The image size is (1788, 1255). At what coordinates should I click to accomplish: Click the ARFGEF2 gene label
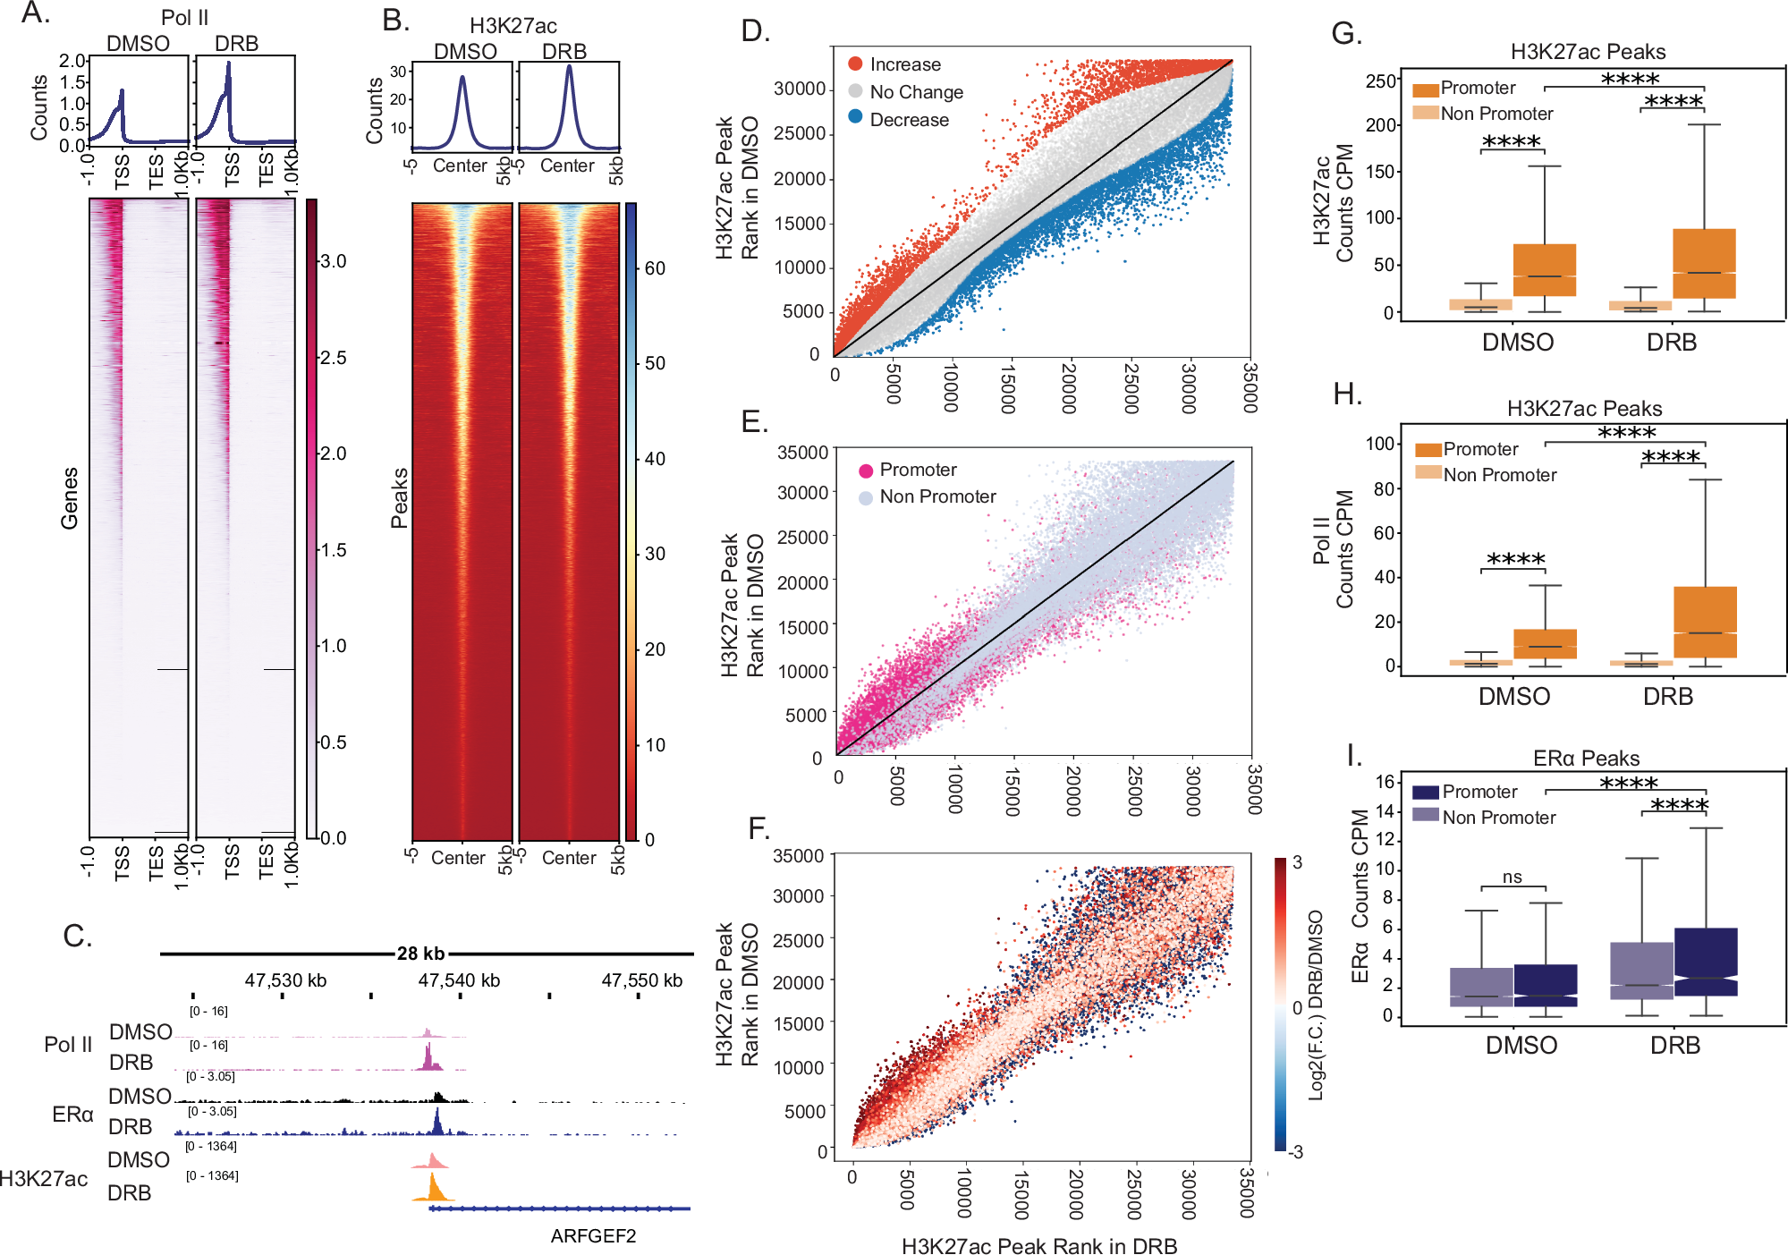click(593, 1236)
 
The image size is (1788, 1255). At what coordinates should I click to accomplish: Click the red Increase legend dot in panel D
click(855, 64)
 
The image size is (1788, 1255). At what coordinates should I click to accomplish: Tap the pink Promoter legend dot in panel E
click(866, 471)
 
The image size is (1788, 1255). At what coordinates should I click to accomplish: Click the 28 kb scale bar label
click(420, 954)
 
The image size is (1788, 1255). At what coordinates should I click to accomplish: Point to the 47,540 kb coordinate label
click(459, 980)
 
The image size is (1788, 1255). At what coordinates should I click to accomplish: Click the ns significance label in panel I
click(1512, 878)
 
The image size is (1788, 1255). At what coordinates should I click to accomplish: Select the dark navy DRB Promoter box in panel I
click(1706, 962)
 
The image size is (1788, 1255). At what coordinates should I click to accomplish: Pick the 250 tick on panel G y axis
click(1380, 81)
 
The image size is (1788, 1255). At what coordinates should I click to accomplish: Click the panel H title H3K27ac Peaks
click(1584, 409)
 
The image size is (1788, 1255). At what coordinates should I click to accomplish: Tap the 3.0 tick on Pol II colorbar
click(333, 261)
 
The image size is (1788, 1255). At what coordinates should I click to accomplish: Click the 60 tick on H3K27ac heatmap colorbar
click(655, 268)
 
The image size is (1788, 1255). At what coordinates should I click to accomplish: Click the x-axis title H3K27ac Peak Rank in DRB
click(1038, 1246)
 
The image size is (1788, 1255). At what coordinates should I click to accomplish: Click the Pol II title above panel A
click(184, 18)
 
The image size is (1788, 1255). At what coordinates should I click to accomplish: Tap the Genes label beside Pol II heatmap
click(70, 498)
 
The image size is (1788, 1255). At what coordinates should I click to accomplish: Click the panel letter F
click(758, 828)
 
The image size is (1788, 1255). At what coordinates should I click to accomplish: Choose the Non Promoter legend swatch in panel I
click(1426, 815)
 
